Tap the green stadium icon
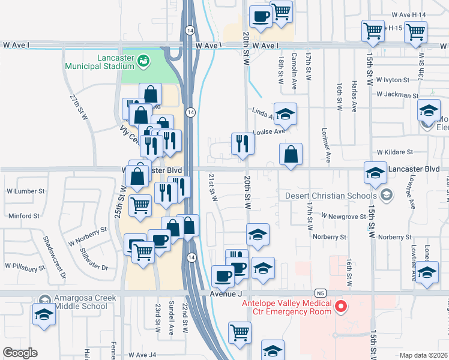click(143, 60)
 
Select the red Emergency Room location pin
click(341, 307)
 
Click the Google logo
click(20, 353)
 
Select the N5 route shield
click(321, 293)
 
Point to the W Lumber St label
click(26, 191)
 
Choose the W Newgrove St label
click(342, 215)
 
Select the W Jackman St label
click(397, 95)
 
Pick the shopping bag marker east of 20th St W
click(291, 154)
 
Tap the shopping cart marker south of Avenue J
click(240, 331)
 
